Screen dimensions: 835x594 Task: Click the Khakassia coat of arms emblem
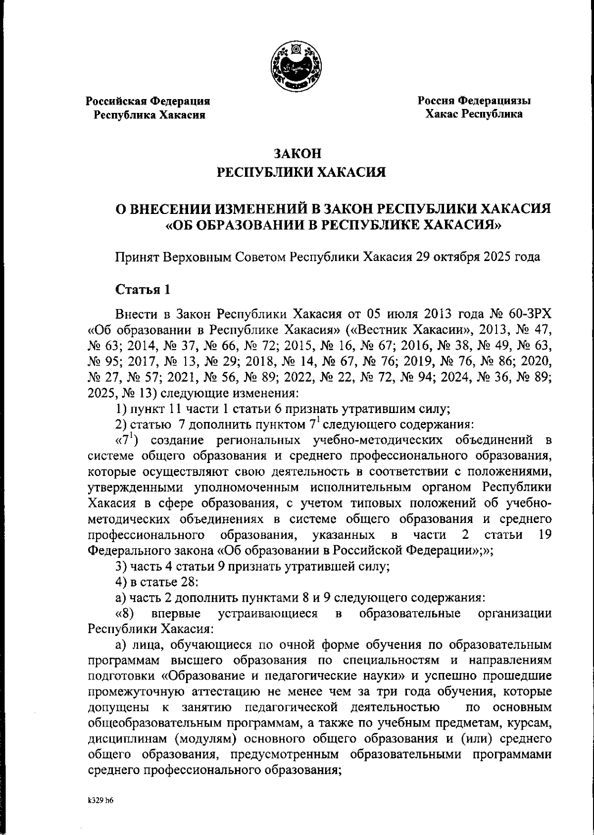(297, 67)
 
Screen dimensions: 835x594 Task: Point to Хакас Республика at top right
(474, 114)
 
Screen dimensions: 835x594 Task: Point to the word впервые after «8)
(176, 615)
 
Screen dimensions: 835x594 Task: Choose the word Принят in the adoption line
(134, 258)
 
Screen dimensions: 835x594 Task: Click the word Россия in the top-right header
(435, 101)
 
